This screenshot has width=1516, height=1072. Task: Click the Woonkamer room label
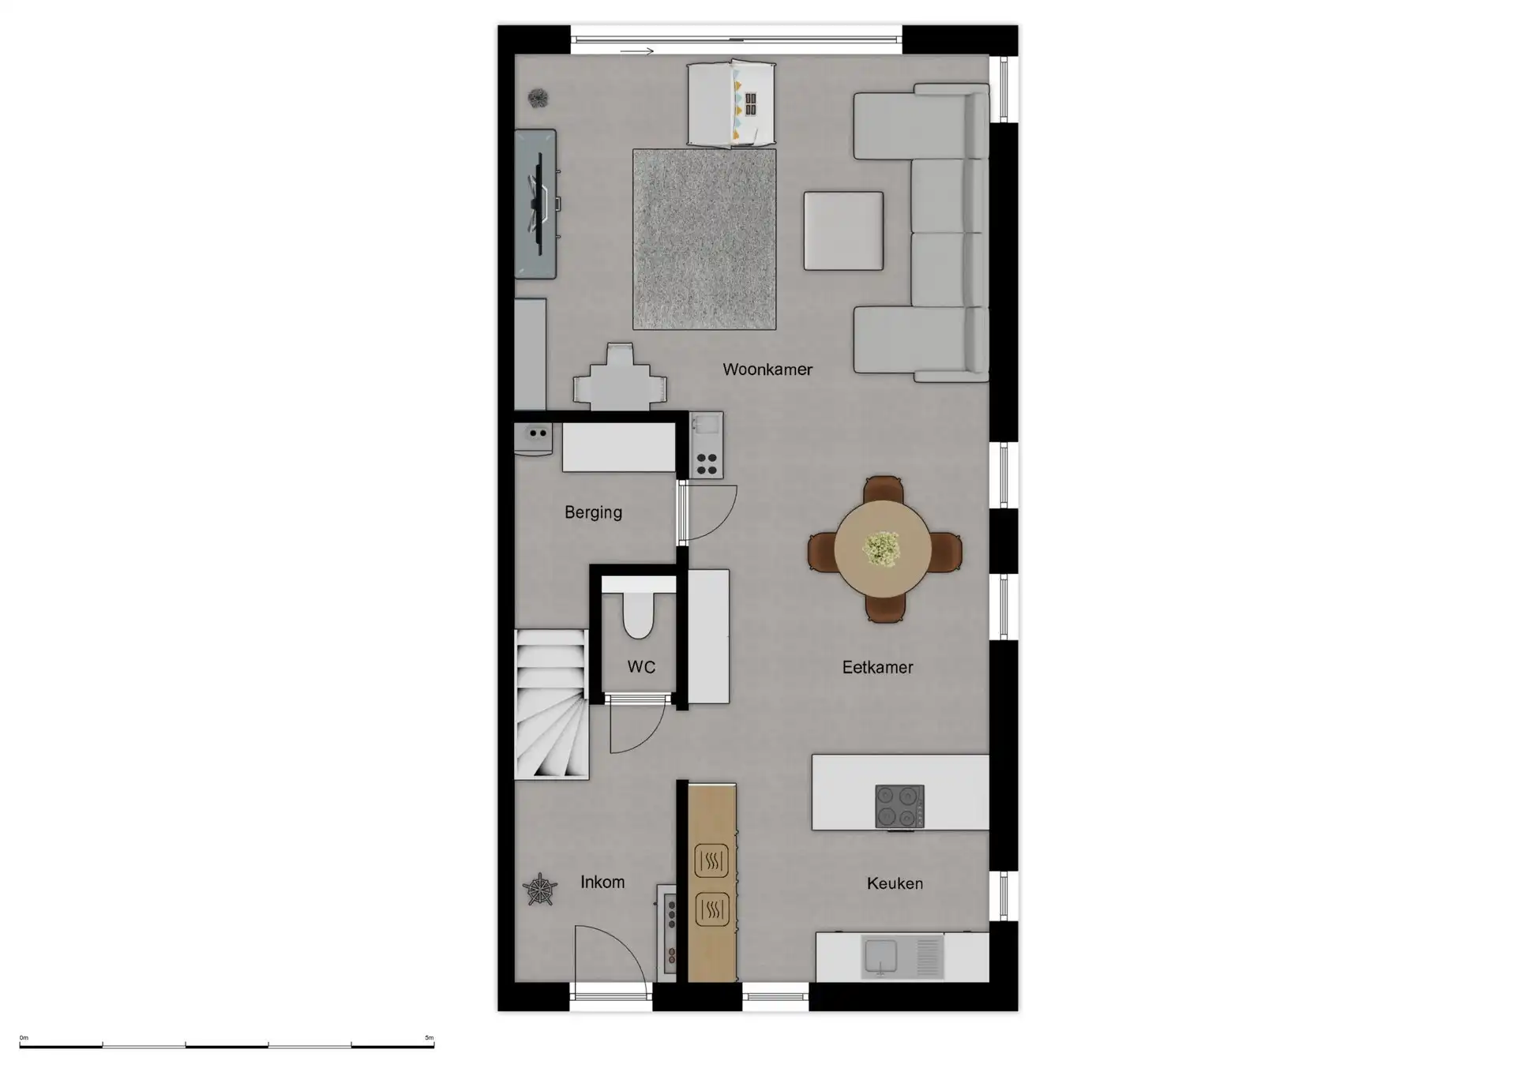click(x=767, y=369)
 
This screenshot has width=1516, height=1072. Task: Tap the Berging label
click(x=593, y=512)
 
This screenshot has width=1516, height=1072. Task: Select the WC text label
click(x=641, y=667)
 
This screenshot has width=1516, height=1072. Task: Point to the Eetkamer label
click(x=877, y=667)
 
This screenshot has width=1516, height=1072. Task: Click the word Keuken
click(x=895, y=883)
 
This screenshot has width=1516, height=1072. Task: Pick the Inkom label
click(x=602, y=883)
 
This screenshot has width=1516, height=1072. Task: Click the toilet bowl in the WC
click(x=638, y=615)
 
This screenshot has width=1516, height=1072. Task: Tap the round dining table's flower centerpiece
click(x=882, y=548)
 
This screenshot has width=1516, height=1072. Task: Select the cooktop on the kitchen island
click(x=899, y=806)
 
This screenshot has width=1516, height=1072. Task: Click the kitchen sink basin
click(x=880, y=956)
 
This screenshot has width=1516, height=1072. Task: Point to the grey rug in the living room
click(x=704, y=239)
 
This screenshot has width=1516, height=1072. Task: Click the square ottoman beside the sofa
click(x=843, y=231)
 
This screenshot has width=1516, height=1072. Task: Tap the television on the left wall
click(x=540, y=204)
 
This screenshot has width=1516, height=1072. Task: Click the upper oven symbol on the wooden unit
click(x=711, y=861)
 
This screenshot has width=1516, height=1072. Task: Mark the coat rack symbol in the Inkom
click(x=540, y=890)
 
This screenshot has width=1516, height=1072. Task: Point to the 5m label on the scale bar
click(x=429, y=1038)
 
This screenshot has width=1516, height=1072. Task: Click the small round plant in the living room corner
click(x=538, y=98)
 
